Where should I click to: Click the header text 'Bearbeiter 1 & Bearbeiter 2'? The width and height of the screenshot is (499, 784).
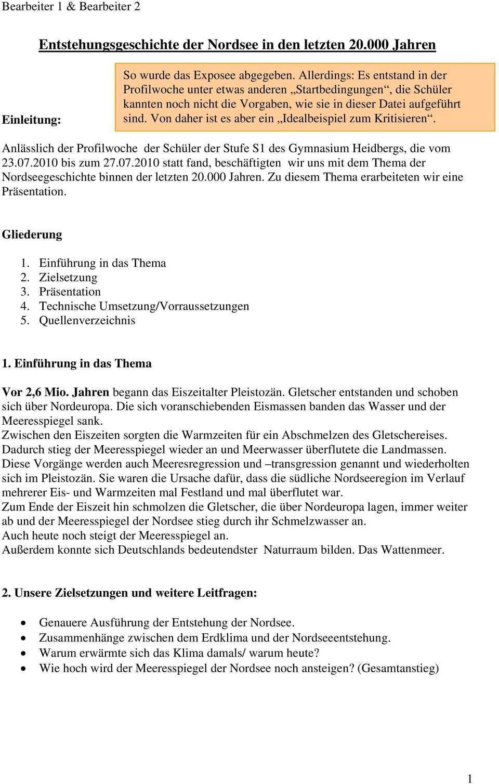click(71, 7)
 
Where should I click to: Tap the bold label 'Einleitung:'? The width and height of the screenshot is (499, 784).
click(32, 120)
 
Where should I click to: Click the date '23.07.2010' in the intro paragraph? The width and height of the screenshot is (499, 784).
click(31, 163)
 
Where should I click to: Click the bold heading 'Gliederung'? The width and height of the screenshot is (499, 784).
click(32, 234)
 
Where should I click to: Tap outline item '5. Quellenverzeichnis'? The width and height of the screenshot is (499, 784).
click(78, 321)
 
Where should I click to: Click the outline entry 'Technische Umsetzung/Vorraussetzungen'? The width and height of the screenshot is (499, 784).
click(144, 306)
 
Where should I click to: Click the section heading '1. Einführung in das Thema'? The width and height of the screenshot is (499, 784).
click(77, 363)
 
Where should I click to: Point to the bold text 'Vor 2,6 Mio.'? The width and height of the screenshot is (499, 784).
click(36, 392)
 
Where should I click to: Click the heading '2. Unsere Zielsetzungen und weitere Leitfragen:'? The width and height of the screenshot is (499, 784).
click(129, 593)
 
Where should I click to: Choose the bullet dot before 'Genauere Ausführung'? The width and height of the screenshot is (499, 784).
click(22, 623)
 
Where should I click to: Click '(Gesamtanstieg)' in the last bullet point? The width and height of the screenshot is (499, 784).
click(398, 669)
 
